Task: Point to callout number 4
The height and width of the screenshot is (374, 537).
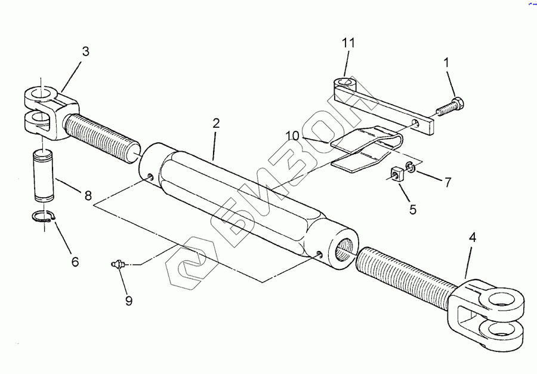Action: (473, 237)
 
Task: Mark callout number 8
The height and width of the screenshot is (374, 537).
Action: (88, 195)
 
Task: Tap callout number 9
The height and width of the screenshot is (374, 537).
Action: (129, 301)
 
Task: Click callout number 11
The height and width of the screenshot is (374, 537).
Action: (348, 43)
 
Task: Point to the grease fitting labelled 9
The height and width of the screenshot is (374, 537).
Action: (118, 263)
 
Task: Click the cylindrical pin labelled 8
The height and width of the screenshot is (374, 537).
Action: (43, 177)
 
